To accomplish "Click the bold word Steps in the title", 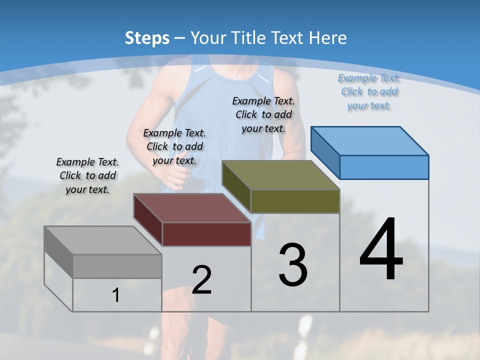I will tap(146, 38).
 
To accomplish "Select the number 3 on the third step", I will tap(292, 265).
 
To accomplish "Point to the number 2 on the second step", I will tap(201, 280).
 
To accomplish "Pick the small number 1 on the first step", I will tap(116, 295).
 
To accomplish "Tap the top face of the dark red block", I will tap(192, 208).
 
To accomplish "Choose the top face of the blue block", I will tap(370, 141).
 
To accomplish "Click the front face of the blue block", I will tap(384, 167).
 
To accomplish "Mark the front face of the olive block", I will tap(295, 201).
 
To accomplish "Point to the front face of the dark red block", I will tap(206, 234).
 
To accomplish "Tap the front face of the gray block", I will tap(117, 266).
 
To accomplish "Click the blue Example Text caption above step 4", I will tap(369, 91).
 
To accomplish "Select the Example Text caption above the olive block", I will tap(263, 114).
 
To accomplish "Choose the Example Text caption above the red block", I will tap(174, 146).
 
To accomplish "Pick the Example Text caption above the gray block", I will tap(87, 175).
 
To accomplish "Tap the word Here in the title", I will tap(327, 38).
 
